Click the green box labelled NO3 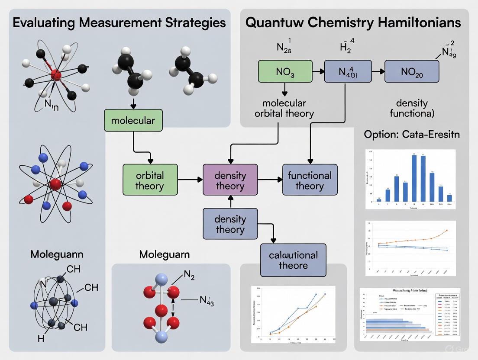coord(285,71)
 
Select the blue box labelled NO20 coord(412,71)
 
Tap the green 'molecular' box coord(133,120)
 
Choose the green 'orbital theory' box coord(150,181)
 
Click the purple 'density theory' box coord(230,181)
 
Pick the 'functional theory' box coord(310,181)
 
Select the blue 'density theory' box coord(230,224)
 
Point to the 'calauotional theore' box coord(293,260)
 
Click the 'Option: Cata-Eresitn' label coord(412,134)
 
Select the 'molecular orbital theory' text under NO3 coord(284,109)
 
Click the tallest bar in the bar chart coord(414,177)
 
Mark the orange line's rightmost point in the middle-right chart coord(446,231)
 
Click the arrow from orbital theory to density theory coord(190,179)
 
